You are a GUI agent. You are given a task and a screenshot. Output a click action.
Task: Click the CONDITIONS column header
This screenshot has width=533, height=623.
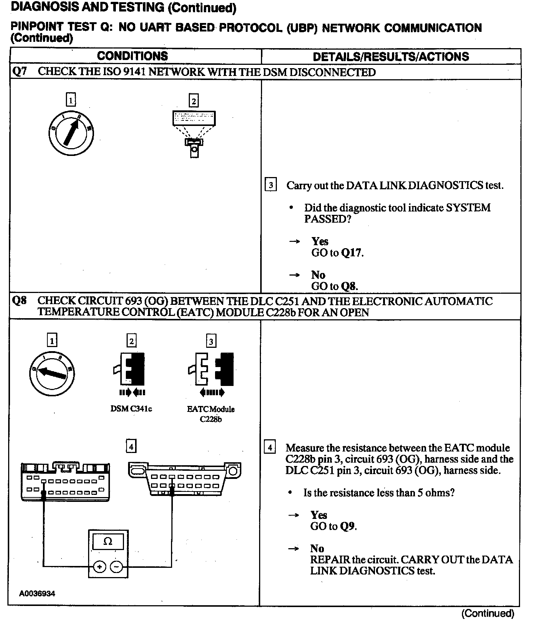[132, 56]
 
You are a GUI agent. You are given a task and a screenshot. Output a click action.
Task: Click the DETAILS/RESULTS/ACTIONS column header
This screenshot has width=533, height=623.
[390, 57]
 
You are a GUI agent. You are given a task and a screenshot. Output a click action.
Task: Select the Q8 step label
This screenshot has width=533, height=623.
[19, 301]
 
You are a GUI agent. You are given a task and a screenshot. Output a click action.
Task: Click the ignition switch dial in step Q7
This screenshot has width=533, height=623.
[71, 132]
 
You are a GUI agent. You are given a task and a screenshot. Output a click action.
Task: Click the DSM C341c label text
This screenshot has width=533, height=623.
[131, 409]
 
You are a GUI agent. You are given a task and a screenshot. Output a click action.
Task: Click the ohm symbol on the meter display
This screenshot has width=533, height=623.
[108, 542]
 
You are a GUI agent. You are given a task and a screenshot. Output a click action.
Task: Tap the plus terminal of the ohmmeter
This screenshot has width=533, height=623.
[100, 567]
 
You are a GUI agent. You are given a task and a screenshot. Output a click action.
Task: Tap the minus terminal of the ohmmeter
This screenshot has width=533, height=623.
[117, 567]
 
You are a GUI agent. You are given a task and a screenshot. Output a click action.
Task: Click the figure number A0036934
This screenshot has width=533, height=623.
[37, 593]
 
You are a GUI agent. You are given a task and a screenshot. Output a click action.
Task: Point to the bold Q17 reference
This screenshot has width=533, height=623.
[352, 253]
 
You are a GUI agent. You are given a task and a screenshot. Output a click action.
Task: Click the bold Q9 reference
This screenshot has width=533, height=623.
[348, 526]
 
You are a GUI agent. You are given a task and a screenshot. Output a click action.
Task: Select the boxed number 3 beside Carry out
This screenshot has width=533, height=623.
[271, 184]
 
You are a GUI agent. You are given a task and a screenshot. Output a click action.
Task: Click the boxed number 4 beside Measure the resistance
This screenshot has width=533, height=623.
[270, 447]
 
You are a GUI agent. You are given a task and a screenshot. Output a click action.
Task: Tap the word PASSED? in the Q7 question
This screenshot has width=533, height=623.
[328, 219]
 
